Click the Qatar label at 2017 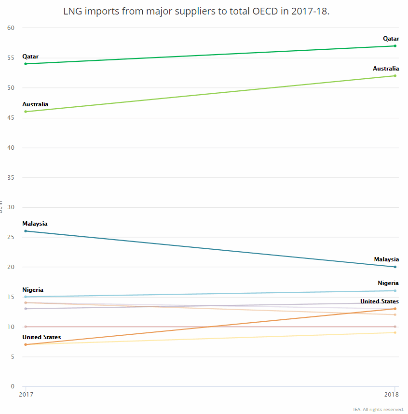(x=30, y=57)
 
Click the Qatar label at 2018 (x=391, y=39)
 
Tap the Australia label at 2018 (x=386, y=69)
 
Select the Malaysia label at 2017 (x=35, y=224)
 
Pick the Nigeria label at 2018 (x=388, y=283)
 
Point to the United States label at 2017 (x=41, y=337)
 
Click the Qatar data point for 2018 (x=395, y=46)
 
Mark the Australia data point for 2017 (x=26, y=112)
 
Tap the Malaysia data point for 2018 (x=395, y=267)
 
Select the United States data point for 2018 (x=395, y=309)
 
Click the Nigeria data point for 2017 (x=26, y=297)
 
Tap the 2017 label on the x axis (x=26, y=395)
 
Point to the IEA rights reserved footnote (x=379, y=409)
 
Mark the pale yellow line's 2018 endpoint (x=395, y=332)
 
